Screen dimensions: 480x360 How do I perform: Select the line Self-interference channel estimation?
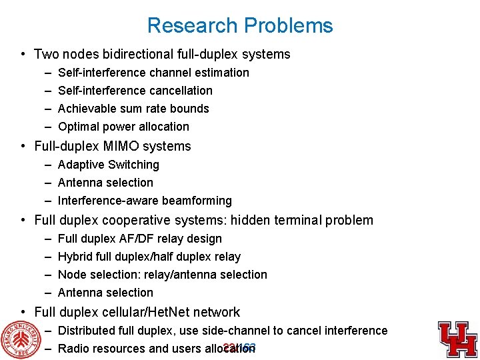point(153,73)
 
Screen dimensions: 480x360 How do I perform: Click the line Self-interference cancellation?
point(135,91)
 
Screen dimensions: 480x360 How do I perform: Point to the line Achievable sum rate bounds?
point(133,109)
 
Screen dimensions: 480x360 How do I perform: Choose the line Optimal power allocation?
point(123,127)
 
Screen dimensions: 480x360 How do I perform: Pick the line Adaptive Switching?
point(109,165)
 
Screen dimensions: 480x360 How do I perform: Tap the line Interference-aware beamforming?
point(145,201)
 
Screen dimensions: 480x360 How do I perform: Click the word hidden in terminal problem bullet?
point(244,221)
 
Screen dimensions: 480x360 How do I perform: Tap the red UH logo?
point(457,338)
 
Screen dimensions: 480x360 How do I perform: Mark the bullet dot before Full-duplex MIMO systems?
point(23,147)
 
